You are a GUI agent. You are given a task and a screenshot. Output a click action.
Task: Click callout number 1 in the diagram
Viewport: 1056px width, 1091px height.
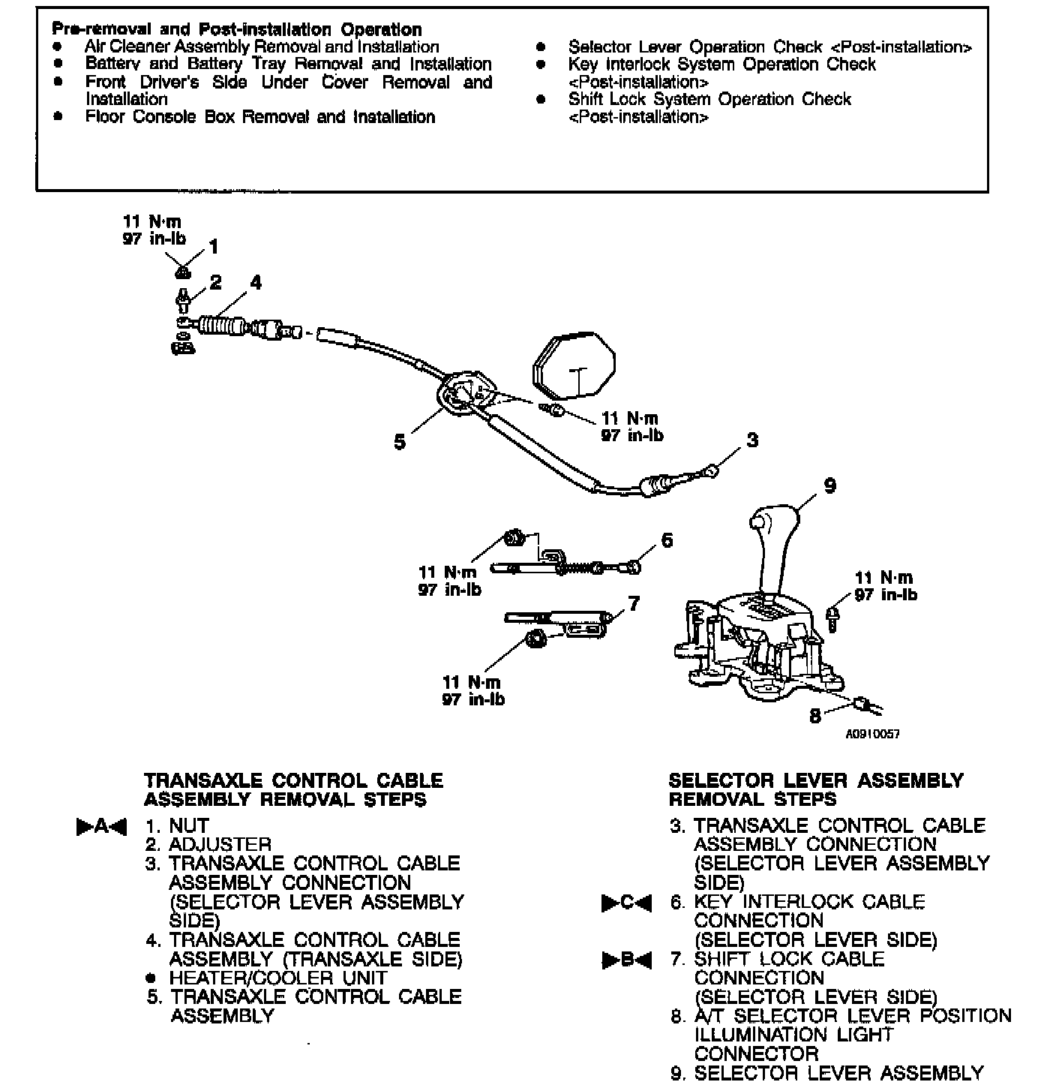[x=214, y=247]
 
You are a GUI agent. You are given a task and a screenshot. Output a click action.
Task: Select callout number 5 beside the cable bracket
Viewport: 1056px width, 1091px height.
[x=400, y=442]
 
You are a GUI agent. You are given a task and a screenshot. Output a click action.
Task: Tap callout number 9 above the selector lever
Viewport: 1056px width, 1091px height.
[x=829, y=485]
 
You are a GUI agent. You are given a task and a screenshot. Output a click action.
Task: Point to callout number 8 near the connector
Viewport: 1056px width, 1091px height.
[x=815, y=716]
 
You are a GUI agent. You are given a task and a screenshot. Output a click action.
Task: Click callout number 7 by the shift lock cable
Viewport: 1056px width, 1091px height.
[x=634, y=603]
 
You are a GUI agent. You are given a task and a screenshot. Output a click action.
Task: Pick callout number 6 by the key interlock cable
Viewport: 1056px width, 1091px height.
[x=667, y=540]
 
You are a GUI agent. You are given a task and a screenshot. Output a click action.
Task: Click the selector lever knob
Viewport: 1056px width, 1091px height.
[x=774, y=521]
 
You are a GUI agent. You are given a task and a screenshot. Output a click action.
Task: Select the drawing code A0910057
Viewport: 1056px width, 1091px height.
[x=872, y=734]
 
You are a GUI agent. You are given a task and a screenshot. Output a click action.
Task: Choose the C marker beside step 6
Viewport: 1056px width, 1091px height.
[x=627, y=902]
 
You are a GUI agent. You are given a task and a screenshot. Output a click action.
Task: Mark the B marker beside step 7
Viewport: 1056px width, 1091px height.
[x=627, y=959]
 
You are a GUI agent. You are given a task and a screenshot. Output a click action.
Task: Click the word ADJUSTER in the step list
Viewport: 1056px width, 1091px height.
[x=220, y=845]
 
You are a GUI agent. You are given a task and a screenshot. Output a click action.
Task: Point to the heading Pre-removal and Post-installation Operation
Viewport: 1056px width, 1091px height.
[x=237, y=29]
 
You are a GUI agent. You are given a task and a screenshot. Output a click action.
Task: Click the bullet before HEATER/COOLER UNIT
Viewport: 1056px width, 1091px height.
[x=151, y=978]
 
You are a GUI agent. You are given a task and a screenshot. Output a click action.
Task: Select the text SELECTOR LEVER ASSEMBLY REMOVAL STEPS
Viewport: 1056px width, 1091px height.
[x=815, y=789]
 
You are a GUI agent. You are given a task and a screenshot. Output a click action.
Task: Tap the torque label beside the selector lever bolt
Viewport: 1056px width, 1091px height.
[x=885, y=586]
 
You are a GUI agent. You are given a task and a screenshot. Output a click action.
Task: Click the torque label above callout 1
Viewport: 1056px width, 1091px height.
[x=153, y=230]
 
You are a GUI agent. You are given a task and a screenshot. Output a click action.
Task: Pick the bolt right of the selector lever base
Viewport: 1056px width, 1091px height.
[x=833, y=618]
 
